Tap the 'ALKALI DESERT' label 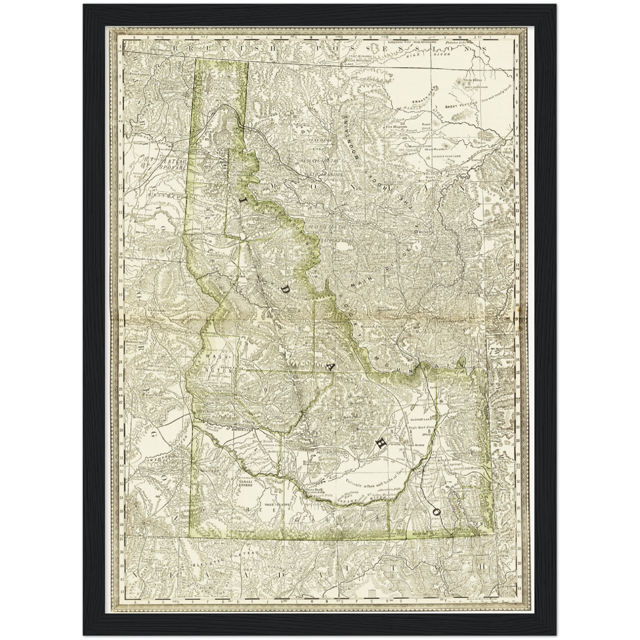[x=245, y=483]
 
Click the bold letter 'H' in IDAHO [x=379, y=447]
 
